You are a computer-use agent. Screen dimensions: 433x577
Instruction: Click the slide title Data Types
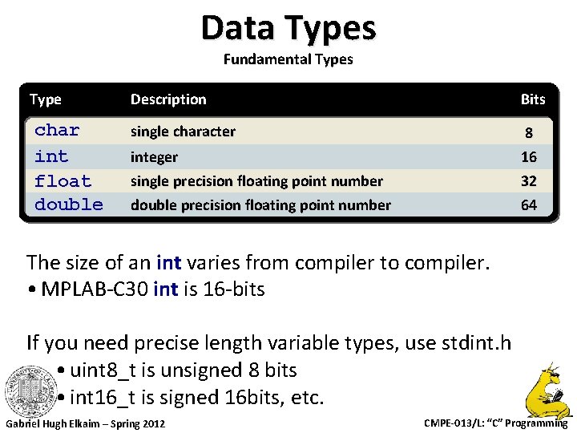point(288,28)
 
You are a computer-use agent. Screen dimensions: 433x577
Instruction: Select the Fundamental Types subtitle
point(288,59)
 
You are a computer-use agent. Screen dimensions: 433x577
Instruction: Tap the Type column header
point(46,99)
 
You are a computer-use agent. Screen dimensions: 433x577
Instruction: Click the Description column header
point(168,99)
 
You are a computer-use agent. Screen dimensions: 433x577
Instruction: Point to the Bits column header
point(532,99)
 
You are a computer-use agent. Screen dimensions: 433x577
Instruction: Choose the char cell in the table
point(57,130)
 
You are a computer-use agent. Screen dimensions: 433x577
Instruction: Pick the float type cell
point(63,181)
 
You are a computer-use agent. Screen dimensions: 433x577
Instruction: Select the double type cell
point(69,204)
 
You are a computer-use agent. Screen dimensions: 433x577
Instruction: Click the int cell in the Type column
point(51,156)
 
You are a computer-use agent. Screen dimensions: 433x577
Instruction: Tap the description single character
point(183,132)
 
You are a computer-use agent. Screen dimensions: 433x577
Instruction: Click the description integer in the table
point(154,157)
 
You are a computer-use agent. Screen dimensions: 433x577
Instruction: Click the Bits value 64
point(529,205)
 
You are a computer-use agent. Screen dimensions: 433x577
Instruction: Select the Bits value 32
point(529,181)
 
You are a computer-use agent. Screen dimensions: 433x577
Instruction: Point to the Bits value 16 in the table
point(529,157)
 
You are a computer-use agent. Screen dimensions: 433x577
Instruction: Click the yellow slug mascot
point(548,390)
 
